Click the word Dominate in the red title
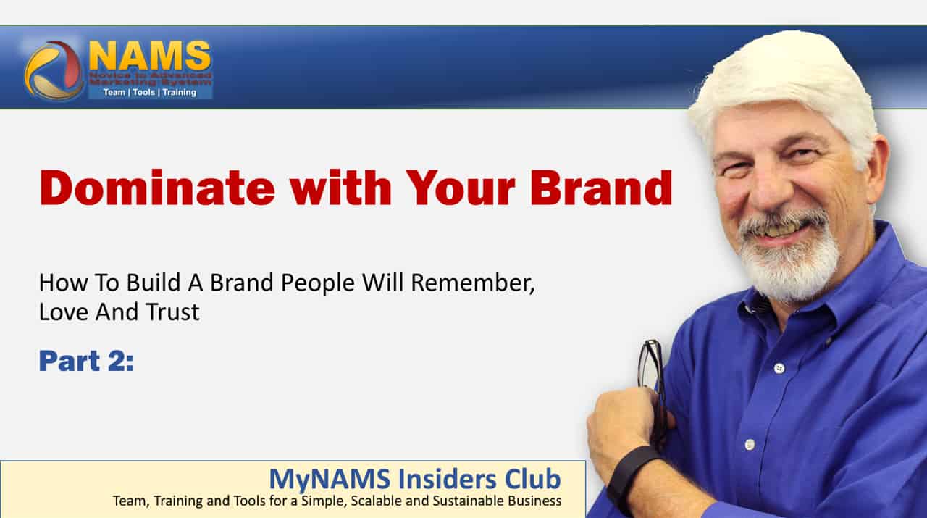[x=157, y=188]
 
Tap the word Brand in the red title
[x=601, y=188]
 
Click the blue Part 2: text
[x=86, y=361]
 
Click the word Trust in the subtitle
[x=172, y=312]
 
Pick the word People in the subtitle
[x=317, y=284]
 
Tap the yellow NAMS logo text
[x=150, y=56]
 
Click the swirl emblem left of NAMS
[x=54, y=70]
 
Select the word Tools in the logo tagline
[x=144, y=92]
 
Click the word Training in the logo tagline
[x=179, y=92]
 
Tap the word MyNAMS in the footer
[x=330, y=480]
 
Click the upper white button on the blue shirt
[x=779, y=368]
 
